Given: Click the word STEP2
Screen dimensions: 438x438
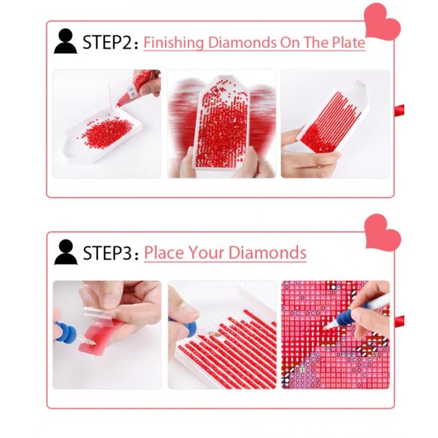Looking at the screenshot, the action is pos(107,43).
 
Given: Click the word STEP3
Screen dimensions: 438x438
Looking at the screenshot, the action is pos(107,253).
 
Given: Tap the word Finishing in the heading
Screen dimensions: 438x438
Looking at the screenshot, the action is pos(174,43).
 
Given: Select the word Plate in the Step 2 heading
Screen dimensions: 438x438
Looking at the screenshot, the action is pos(348,42).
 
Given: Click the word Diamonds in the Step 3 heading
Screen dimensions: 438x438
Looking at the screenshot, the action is pos(267,253).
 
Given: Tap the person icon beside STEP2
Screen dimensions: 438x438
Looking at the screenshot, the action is pos(65,41).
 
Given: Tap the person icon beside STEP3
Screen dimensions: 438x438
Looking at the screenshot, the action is pos(66,252).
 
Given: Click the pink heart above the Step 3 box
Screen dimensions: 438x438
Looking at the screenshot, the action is pos(383,232).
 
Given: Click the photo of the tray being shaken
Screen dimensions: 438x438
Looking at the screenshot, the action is pos(222,124).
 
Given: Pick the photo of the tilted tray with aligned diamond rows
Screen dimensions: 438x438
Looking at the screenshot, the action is pos(335,124).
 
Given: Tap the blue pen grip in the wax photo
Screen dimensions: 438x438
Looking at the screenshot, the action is pos(66,332).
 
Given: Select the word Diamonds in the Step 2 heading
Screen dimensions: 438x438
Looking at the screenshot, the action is pos(242,43).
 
